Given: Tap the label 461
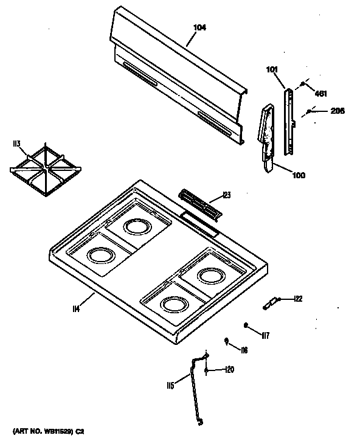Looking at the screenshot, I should (x=320, y=92).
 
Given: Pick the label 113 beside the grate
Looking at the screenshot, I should (x=16, y=144).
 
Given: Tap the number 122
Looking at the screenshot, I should (x=297, y=298).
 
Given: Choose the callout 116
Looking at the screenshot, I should (x=243, y=350).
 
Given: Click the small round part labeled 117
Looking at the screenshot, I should (x=246, y=325).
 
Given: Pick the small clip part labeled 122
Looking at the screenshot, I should (x=271, y=302).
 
